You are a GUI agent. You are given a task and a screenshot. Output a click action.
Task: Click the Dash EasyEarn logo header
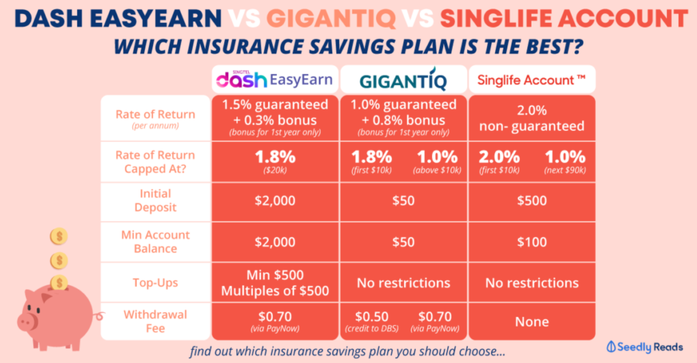(275, 80)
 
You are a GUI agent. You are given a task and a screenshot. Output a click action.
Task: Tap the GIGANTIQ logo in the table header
(403, 79)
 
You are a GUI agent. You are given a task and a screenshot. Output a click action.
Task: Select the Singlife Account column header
(531, 80)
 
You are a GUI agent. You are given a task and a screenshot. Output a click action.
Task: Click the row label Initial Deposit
(155, 200)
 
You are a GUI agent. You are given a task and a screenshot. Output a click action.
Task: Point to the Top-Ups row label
(155, 283)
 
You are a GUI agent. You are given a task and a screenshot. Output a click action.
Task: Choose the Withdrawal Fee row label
(155, 322)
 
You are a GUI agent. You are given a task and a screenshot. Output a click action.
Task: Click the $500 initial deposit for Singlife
(532, 201)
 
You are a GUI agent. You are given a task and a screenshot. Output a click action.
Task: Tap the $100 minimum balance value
(532, 242)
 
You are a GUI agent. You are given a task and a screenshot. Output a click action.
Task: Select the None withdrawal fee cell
(532, 322)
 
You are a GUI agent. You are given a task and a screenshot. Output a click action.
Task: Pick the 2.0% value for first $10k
(499, 161)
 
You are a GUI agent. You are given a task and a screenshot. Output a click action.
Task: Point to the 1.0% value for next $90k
(565, 161)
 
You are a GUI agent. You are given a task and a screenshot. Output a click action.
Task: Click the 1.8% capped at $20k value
(275, 161)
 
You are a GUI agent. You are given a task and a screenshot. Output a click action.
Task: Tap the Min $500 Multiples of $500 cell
(275, 283)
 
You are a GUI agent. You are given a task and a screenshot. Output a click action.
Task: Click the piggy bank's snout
(27, 322)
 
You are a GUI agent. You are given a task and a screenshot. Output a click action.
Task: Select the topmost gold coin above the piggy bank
(59, 236)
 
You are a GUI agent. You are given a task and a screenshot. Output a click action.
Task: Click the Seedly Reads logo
(645, 347)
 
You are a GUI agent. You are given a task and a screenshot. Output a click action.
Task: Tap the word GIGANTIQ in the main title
(331, 19)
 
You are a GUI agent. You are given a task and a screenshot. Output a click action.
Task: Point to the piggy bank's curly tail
(99, 316)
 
